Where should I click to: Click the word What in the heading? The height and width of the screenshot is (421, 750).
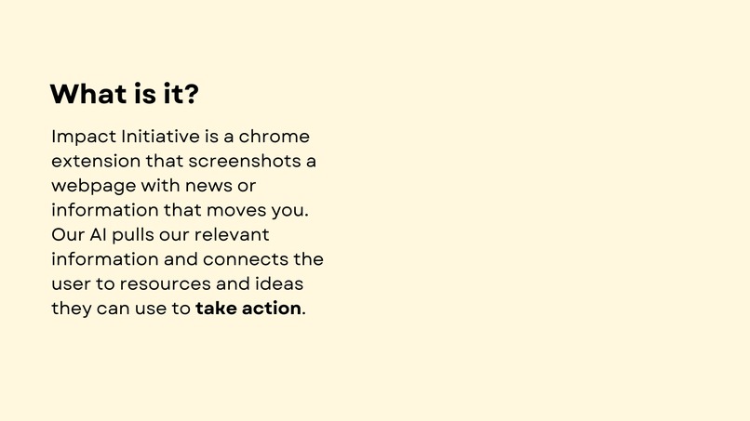click(x=87, y=94)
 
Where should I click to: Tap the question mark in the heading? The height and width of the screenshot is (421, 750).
click(x=191, y=94)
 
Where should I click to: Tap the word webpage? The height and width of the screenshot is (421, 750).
click(x=94, y=186)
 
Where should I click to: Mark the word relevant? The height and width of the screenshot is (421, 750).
click(x=235, y=234)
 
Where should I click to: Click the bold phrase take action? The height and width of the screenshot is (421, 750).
click(x=248, y=308)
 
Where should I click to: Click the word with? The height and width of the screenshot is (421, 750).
click(x=160, y=185)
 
